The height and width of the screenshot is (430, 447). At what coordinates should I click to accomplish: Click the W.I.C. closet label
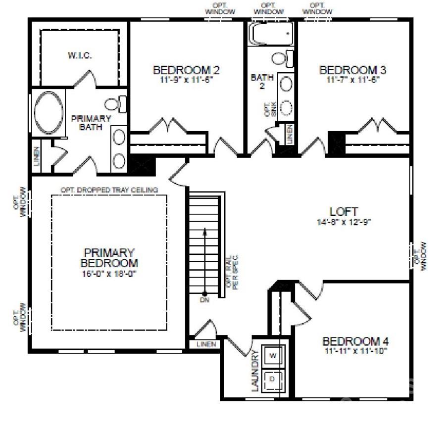point(80,55)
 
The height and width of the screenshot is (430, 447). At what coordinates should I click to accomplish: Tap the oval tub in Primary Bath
point(48,112)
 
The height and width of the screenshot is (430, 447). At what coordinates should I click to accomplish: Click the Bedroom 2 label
point(186,70)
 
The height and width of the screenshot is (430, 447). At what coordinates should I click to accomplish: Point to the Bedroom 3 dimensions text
point(352,79)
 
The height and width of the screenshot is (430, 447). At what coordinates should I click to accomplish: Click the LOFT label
point(344,212)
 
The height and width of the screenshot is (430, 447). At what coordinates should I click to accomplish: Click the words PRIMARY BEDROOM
point(109,257)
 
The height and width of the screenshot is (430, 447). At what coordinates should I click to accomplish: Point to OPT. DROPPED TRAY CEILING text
point(109,190)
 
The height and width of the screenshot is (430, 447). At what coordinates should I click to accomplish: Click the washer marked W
point(273,355)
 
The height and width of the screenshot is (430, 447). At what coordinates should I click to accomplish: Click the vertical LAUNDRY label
point(255,371)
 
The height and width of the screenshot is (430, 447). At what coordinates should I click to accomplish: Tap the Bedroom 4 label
point(355,341)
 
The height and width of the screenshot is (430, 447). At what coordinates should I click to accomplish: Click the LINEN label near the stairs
point(206,344)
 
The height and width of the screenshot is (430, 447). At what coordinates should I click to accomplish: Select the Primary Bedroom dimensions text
point(109,274)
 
